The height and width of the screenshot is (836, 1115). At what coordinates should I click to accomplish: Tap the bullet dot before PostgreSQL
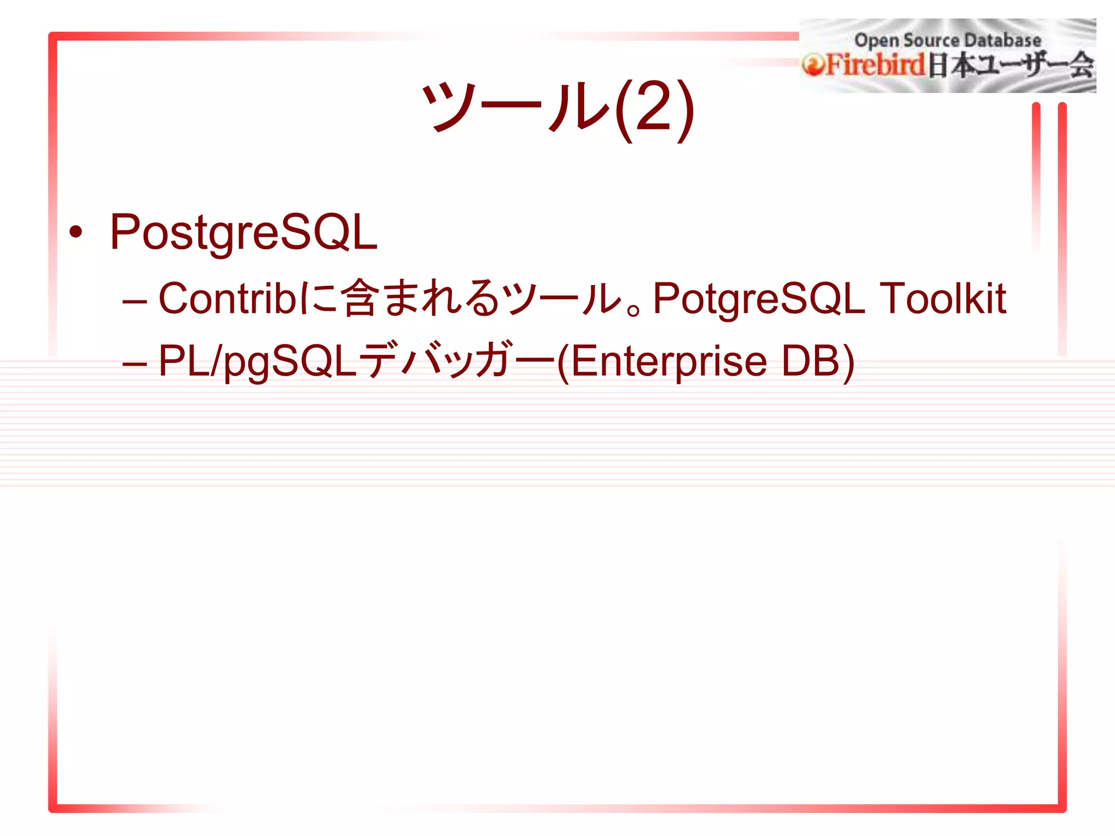(76, 232)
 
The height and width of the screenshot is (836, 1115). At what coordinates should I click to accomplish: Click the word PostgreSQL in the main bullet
(243, 232)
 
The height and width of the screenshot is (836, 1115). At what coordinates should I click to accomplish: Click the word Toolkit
(942, 298)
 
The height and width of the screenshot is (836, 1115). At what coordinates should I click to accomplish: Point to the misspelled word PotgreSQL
(758, 299)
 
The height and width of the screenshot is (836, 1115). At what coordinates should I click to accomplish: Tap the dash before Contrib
(134, 301)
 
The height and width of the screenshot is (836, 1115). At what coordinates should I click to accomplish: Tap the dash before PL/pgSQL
(134, 364)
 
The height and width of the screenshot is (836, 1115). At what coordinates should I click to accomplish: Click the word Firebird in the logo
(875, 65)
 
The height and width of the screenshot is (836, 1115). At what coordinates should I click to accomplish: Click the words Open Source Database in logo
(947, 40)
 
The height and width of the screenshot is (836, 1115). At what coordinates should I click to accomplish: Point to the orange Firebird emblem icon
(812, 66)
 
